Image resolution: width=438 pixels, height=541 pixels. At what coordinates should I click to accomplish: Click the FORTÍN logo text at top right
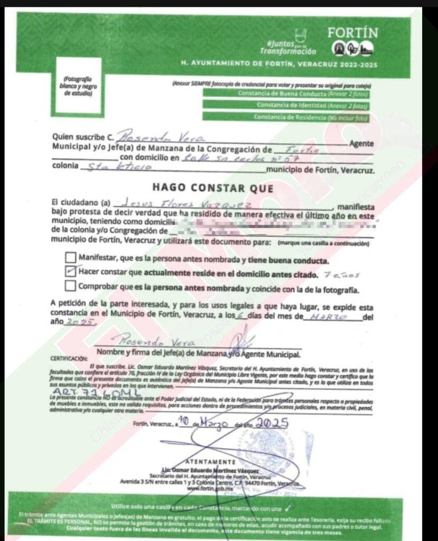point(352,33)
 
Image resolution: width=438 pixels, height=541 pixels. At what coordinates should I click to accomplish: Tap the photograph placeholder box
point(78,86)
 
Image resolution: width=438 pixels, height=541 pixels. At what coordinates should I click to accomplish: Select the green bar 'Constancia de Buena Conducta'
point(285,94)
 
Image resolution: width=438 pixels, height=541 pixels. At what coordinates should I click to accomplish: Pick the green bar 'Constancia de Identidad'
point(285,106)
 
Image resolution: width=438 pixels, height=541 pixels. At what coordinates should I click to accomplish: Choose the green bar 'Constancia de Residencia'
point(285,117)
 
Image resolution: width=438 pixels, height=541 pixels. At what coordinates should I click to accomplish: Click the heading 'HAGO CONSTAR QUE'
point(213,188)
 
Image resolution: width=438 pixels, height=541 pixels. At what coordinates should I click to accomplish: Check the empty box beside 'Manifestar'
point(70,258)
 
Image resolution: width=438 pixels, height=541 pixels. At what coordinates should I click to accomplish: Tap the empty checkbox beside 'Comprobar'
point(70,286)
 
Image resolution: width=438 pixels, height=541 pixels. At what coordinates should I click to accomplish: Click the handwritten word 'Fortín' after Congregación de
point(302,150)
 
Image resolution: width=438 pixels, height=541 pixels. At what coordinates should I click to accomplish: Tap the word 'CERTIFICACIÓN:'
point(69,358)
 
